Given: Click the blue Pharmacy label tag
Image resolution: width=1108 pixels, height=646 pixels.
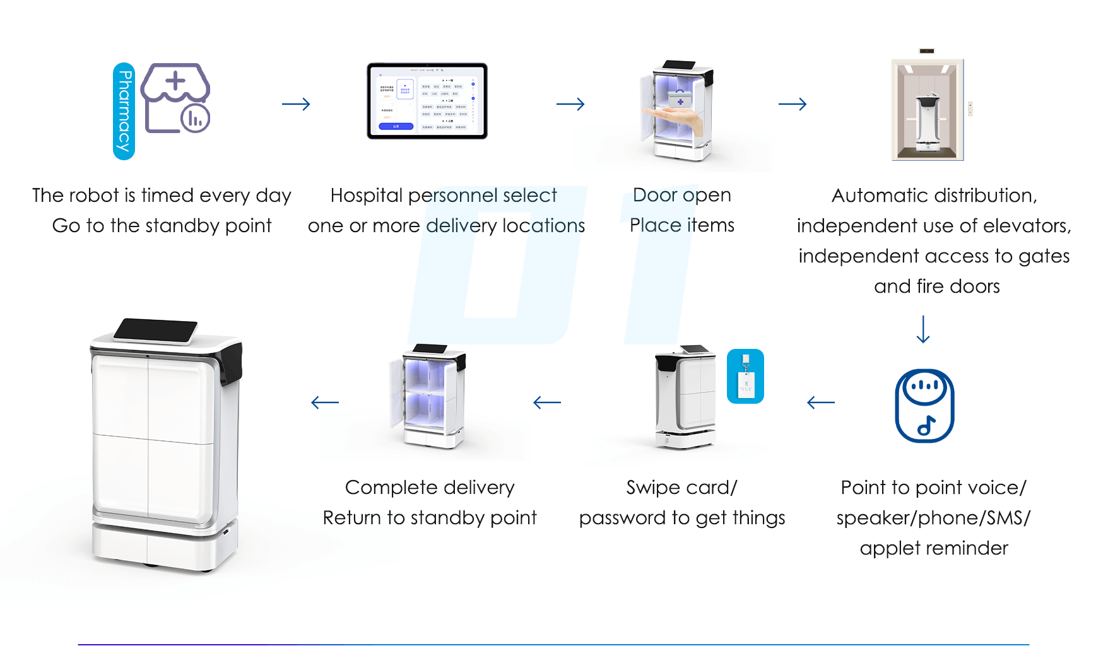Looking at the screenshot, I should tap(124, 111).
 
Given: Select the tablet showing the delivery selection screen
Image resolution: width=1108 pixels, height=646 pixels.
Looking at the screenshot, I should tap(427, 101).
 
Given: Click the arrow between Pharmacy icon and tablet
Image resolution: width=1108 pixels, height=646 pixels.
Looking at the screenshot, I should tap(296, 104).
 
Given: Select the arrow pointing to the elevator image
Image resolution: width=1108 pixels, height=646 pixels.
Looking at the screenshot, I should tap(793, 104).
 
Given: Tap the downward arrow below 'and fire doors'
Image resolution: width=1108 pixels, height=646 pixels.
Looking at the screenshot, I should tap(923, 329).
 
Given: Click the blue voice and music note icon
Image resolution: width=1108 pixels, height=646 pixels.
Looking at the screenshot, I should tap(924, 406).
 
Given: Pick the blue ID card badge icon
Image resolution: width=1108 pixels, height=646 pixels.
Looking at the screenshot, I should tap(745, 376).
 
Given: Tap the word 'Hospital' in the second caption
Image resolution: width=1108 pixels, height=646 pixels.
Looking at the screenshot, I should tap(366, 196).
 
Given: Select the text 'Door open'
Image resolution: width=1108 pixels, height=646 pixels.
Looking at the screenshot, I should tap(681, 195).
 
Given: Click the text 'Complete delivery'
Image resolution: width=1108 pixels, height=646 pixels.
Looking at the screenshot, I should tap(430, 487).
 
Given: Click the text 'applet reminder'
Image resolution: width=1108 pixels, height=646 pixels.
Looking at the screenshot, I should tap(933, 548).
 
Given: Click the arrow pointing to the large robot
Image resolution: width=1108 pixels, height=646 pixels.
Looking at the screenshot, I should tap(325, 402).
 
